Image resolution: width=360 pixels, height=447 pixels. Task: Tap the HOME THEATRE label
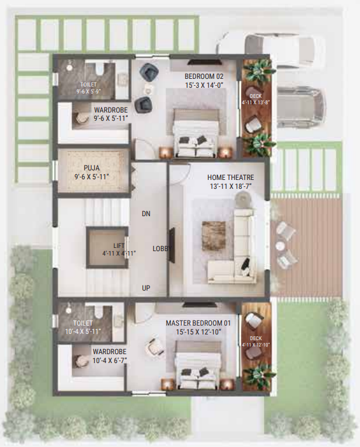pyautogui.click(x=230, y=177)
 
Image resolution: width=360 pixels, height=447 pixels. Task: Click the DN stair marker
pyautogui.click(x=146, y=214)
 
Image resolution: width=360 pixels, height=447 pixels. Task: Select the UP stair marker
pyautogui.click(x=146, y=288)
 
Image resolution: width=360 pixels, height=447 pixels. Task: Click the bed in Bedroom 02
pyautogui.click(x=197, y=132)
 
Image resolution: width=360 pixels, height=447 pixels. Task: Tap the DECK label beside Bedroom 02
pyautogui.click(x=255, y=98)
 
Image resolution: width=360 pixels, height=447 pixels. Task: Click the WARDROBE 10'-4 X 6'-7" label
pyautogui.click(x=109, y=355)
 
